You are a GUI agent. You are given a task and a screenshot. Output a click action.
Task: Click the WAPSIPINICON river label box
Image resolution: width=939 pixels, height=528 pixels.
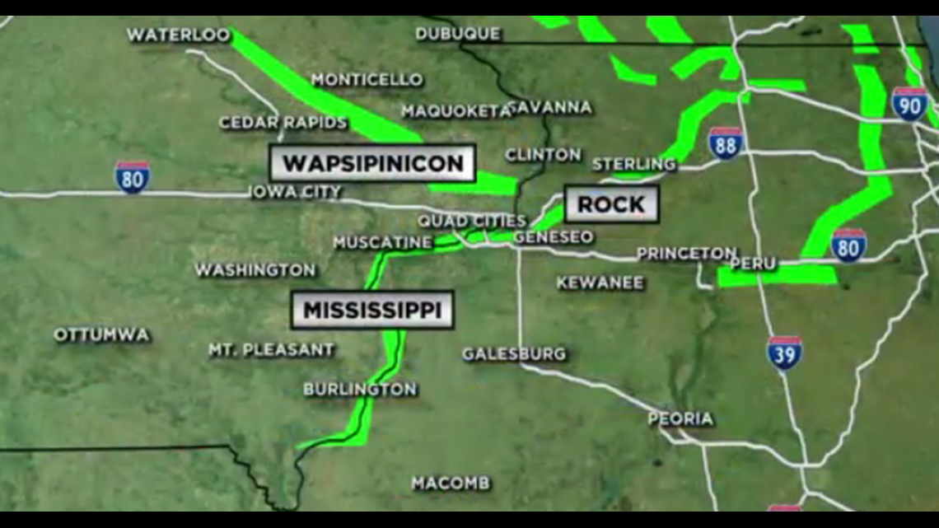pyautogui.click(x=372, y=163)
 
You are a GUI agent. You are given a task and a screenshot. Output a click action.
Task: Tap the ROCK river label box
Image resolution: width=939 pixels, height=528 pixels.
pyautogui.click(x=611, y=204)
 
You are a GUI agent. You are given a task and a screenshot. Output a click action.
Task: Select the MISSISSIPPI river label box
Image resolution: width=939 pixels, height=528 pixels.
pyautogui.click(x=372, y=310)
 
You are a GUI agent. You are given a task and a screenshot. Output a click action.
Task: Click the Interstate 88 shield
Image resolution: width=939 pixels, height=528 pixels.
pyautogui.click(x=725, y=143)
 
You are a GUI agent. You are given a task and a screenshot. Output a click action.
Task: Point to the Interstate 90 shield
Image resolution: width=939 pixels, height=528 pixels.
pyautogui.click(x=909, y=104)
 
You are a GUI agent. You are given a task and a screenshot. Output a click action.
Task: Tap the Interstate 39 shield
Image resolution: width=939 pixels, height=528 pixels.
pyautogui.click(x=784, y=353)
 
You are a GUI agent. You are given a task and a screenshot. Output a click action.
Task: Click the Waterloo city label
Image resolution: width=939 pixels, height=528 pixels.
pyautogui.click(x=178, y=35)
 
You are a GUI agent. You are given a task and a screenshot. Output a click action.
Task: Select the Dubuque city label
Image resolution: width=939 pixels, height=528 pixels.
pyautogui.click(x=457, y=34)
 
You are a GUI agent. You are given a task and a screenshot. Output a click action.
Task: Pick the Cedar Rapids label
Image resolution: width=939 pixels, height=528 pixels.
pyautogui.click(x=283, y=123)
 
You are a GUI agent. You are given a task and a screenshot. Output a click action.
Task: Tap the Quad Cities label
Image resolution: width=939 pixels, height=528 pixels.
pyautogui.click(x=471, y=221)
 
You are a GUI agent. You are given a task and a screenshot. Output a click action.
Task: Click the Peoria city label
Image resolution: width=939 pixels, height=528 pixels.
pyautogui.click(x=680, y=418)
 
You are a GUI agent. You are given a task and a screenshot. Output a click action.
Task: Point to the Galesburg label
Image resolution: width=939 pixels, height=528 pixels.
pyautogui.click(x=514, y=354)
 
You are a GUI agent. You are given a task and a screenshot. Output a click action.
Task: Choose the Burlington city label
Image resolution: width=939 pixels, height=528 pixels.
pyautogui.click(x=360, y=389)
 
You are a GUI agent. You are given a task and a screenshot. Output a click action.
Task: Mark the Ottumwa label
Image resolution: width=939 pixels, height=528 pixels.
pyautogui.click(x=101, y=335)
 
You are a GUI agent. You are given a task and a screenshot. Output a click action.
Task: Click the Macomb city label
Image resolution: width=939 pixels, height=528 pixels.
pyautogui.click(x=451, y=483)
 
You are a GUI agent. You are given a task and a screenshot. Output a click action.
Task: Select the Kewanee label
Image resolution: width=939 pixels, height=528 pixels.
pyautogui.click(x=600, y=283)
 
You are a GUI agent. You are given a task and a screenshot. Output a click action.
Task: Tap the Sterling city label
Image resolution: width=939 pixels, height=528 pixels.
pyautogui.click(x=633, y=164)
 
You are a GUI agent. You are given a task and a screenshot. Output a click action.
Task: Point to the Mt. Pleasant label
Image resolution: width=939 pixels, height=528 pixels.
pyautogui.click(x=271, y=350)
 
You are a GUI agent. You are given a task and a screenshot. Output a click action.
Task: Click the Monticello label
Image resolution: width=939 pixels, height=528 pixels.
pyautogui.click(x=367, y=80)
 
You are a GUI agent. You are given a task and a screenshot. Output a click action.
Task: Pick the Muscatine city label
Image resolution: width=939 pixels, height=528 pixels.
pyautogui.click(x=382, y=242)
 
